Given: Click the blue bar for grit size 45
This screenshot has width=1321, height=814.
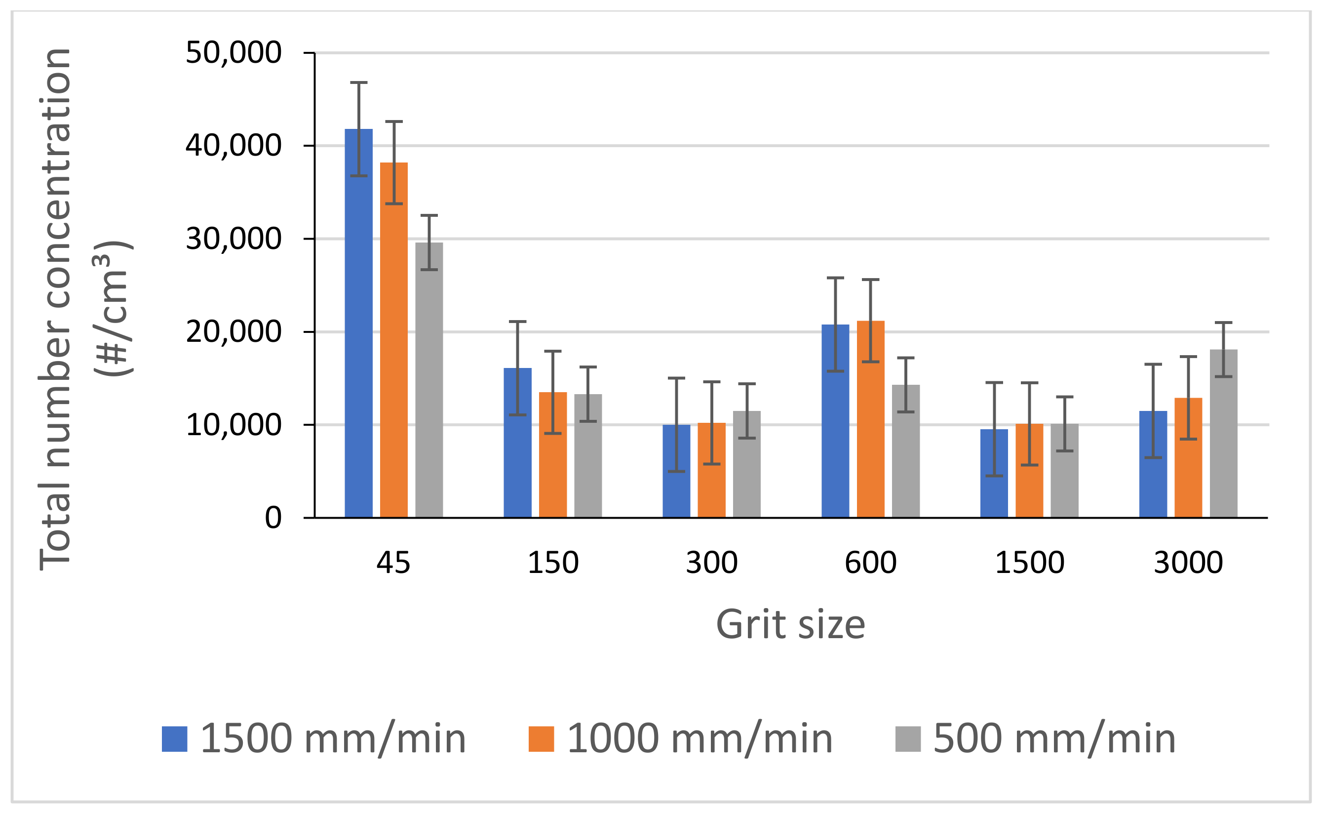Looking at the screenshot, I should pyautogui.click(x=358, y=323).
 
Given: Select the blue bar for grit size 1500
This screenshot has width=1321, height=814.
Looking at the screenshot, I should pyautogui.click(x=994, y=473).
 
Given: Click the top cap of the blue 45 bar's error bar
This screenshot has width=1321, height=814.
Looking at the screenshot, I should pyautogui.click(x=358, y=82).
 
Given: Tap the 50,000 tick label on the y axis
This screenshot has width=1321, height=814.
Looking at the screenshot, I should pyautogui.click(x=233, y=53).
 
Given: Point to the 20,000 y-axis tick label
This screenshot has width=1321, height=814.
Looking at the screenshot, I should pyautogui.click(x=233, y=331).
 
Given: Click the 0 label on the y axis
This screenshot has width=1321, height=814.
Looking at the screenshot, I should pyautogui.click(x=273, y=518).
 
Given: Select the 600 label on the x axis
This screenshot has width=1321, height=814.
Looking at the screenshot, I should pyautogui.click(x=870, y=563).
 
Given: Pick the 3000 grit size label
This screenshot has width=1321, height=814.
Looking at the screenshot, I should pyautogui.click(x=1188, y=563).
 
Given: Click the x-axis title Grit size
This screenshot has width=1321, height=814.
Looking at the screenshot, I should pyautogui.click(x=790, y=624).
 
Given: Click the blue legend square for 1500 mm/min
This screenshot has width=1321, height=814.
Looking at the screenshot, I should pyautogui.click(x=174, y=739).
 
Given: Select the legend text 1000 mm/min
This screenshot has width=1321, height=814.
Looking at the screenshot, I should pyautogui.click(x=699, y=739).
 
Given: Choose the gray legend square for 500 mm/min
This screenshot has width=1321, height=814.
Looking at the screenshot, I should pyautogui.click(x=908, y=739).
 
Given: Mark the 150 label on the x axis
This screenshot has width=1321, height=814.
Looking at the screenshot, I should pyautogui.click(x=552, y=563).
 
